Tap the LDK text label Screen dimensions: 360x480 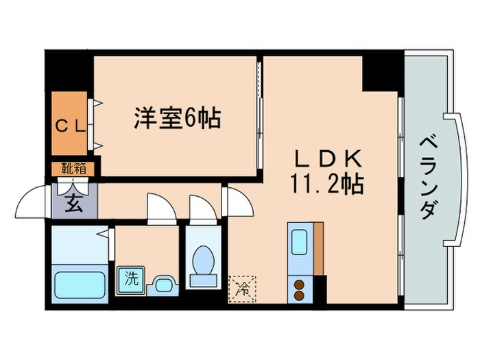(327, 158)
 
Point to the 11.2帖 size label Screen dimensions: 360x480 (326, 183)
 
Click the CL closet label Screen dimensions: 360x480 (70, 125)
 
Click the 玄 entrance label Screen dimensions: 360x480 (73, 204)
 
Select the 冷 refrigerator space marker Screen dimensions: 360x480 (243, 289)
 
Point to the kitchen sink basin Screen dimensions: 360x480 (300, 243)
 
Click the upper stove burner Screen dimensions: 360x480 (299, 285)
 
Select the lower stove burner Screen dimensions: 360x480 (299, 296)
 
